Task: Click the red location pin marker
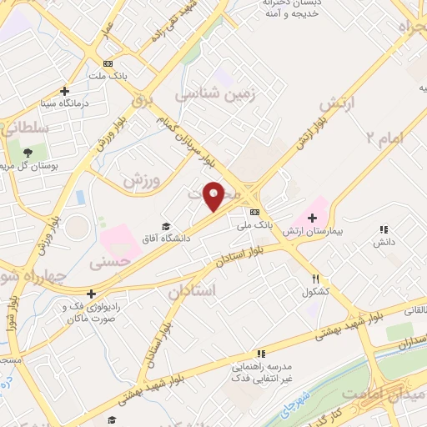tap(213, 196)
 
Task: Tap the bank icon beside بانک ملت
tap(107, 63)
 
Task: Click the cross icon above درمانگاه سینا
tap(64, 92)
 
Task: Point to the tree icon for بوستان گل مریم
tap(28, 152)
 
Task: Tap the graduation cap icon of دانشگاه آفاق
tap(166, 227)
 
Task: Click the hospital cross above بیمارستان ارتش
tap(312, 218)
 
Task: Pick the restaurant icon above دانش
tap(384, 229)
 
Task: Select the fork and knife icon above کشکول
tap(315, 279)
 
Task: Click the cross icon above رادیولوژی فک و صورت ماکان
tap(91, 294)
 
